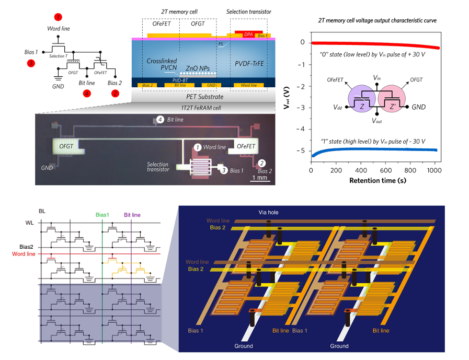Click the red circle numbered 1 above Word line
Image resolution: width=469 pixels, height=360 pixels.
coord(58,18)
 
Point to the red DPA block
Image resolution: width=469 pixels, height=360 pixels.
coord(249,34)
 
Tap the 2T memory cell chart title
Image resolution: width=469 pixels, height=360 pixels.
coord(378,20)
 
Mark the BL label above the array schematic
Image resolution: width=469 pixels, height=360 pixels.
coord(43,212)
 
